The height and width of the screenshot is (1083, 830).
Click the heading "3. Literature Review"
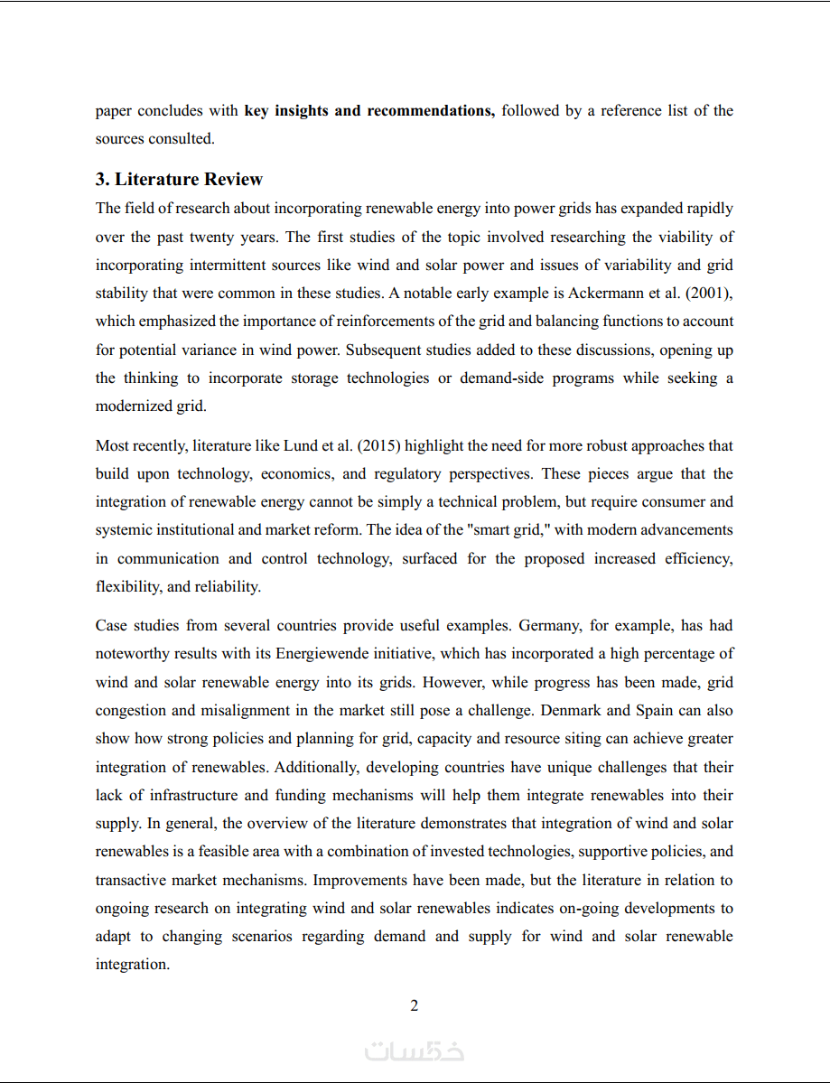(179, 179)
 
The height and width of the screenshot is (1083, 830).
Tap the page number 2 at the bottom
(415, 1005)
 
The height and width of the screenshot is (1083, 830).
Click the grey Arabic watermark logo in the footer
(415, 1051)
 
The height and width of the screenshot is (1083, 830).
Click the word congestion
(130, 710)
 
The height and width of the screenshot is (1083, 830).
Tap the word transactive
(130, 880)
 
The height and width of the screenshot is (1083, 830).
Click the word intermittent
(266, 265)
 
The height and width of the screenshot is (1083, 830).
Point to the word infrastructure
(194, 795)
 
